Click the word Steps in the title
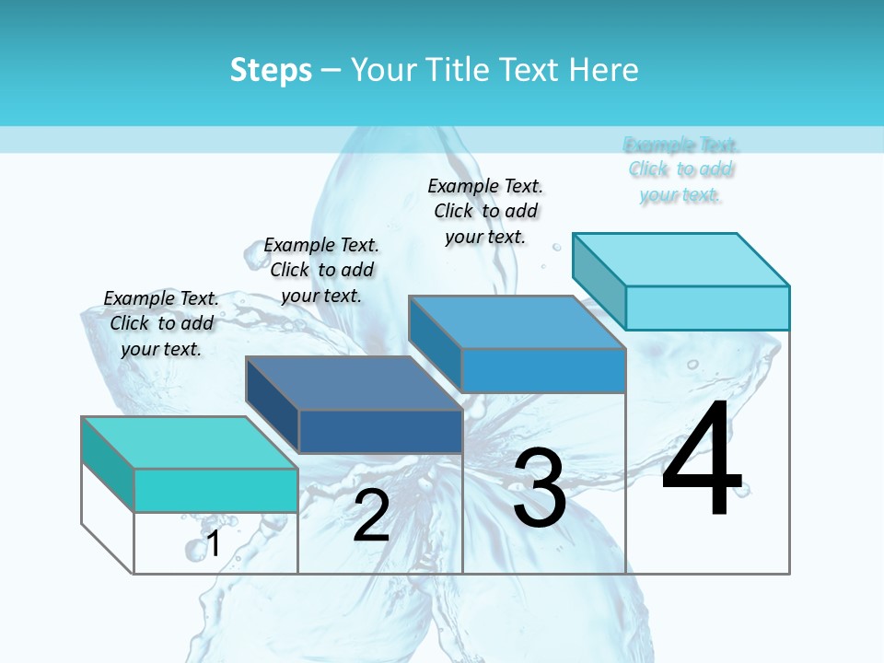[271, 70]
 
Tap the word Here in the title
[604, 70]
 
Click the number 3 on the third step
[540, 488]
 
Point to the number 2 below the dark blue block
[371, 516]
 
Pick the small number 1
[214, 543]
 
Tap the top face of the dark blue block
[355, 382]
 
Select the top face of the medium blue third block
[518, 322]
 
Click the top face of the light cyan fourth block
[681, 259]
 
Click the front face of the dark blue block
[380, 431]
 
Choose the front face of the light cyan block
[707, 308]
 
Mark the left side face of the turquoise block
[108, 464]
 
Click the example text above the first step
[161, 323]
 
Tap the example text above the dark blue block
[321, 270]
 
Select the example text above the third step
[485, 211]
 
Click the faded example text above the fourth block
[681, 169]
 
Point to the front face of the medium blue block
[543, 370]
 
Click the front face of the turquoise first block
[215, 490]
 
